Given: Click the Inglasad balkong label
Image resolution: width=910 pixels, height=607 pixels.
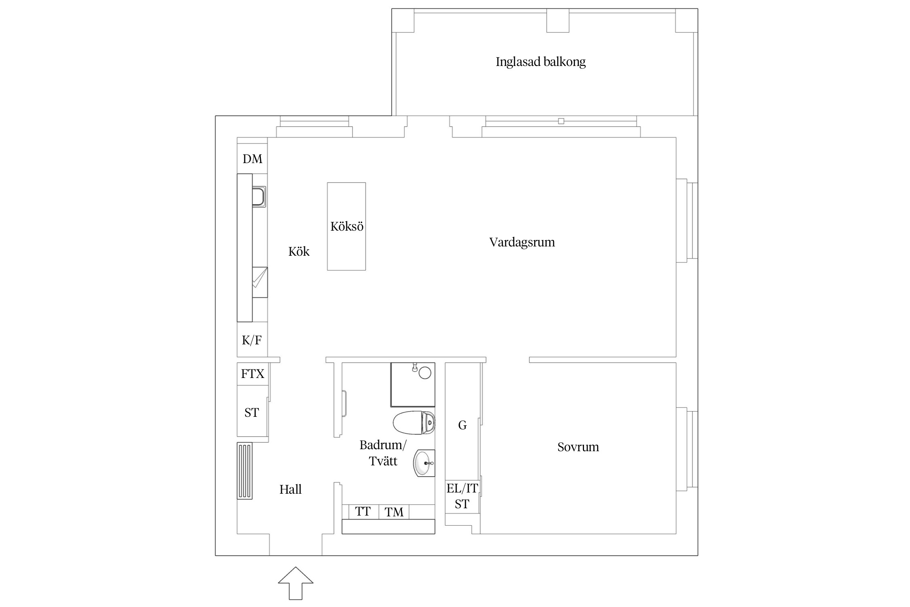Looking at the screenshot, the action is pos(540,62).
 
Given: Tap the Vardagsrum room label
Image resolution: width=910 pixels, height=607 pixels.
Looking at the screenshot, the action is pos(522,242).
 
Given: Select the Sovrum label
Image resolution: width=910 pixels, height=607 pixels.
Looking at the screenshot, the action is pos(578,447).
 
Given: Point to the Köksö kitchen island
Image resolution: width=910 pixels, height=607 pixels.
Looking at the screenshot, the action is pos(346,226).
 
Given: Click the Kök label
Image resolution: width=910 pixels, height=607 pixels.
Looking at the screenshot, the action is pos(299,251).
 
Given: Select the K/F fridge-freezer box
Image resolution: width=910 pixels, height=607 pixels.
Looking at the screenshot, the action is pos(252,340).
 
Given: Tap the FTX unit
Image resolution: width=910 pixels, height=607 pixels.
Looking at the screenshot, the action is pos(252,374).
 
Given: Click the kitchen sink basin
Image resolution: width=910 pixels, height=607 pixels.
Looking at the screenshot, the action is pos(259,197).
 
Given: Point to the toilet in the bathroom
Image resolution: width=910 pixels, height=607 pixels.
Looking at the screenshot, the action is pos(414,422).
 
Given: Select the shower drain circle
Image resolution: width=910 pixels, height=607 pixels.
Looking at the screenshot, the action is pos(425,373).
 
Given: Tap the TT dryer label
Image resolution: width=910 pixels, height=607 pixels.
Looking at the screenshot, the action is pos(363,511).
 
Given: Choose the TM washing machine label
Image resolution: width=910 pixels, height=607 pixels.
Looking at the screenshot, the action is pos(394,512).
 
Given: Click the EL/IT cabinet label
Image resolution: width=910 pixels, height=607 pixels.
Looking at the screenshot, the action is pos(462,488).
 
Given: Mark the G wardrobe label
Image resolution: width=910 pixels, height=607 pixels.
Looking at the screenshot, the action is pos(462,425).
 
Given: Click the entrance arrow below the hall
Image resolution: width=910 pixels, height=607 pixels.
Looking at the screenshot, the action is pos(296,583).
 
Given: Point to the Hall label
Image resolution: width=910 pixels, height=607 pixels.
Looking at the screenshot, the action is pos(290,490).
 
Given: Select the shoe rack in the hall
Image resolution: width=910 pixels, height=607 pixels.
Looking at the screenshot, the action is pos(245,471).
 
